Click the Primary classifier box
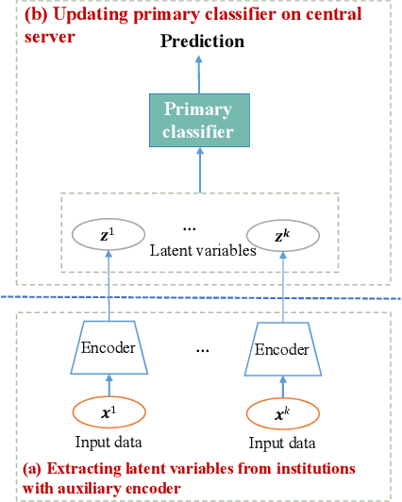(x=198, y=120)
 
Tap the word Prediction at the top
(x=201, y=42)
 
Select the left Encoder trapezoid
(x=110, y=346)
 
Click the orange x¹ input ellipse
(x=110, y=412)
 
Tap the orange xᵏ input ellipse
(x=282, y=413)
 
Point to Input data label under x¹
(x=110, y=442)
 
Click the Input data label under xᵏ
(x=282, y=443)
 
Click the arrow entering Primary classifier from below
(x=198, y=170)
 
